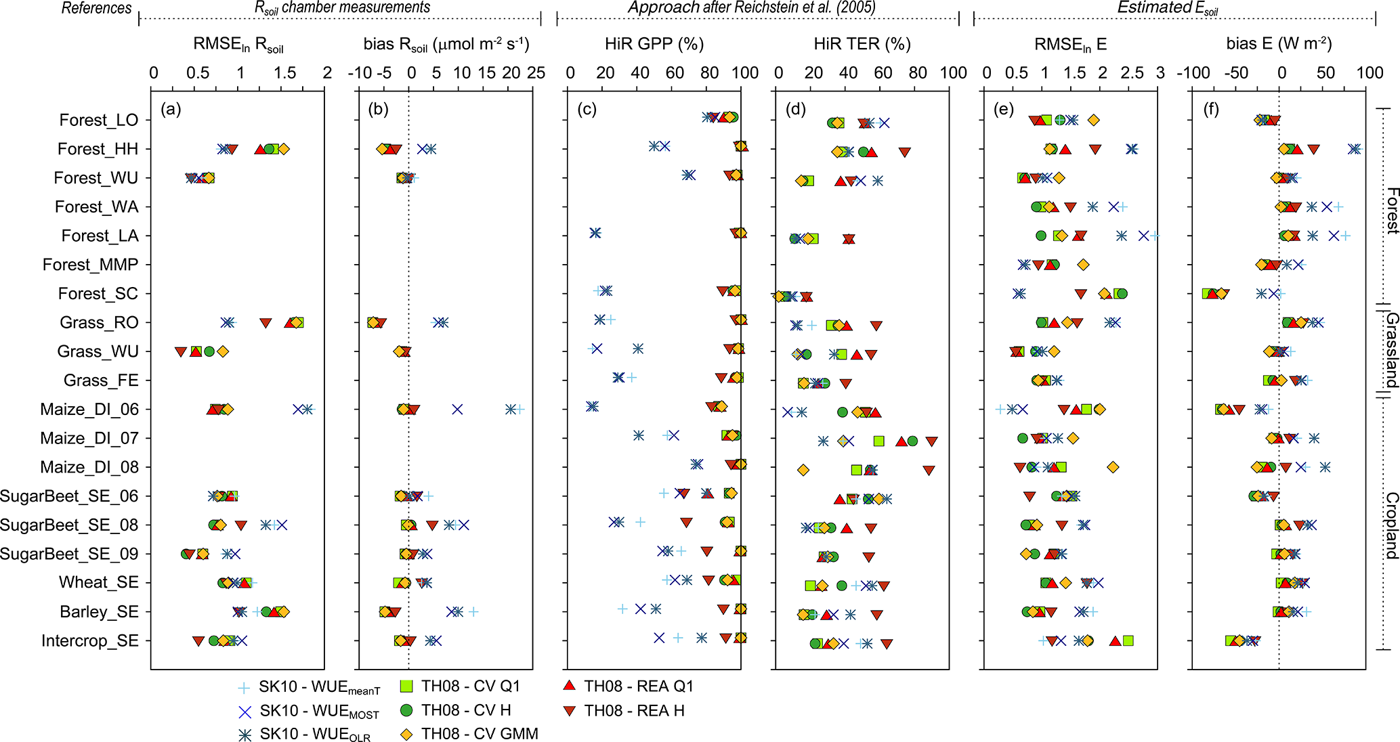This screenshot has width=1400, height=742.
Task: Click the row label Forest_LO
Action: click(x=98, y=120)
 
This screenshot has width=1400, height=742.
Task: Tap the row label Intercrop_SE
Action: click(x=89, y=641)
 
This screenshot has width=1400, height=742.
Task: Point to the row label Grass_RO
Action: click(x=99, y=322)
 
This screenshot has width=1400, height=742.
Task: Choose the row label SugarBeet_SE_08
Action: click(x=69, y=525)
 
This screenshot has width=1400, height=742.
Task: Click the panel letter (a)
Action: click(x=171, y=110)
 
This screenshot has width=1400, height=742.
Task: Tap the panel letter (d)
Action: click(x=796, y=110)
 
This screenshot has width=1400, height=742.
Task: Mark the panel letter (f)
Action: click(x=1211, y=110)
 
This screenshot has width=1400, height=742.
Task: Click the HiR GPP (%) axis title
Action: click(x=654, y=45)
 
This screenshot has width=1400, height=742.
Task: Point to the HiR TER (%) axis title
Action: click(x=862, y=45)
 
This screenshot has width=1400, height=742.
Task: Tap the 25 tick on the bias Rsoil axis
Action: click(x=536, y=73)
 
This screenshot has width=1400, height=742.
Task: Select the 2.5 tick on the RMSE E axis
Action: click(x=1131, y=73)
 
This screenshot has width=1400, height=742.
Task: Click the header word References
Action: click(x=96, y=8)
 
